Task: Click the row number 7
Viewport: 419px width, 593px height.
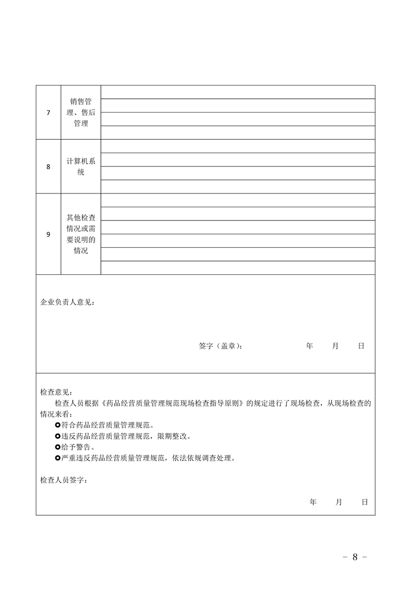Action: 49,112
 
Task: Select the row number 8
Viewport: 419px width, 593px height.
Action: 49,166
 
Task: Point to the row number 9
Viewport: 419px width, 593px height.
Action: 49,234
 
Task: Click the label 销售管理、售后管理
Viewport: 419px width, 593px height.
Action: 81,112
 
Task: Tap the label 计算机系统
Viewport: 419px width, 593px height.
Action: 81,166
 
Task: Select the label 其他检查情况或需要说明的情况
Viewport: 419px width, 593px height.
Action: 81,234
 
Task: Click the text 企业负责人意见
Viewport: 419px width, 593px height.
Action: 67,303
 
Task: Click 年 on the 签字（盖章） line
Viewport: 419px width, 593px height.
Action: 310,346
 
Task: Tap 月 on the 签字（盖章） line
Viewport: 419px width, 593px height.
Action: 336,346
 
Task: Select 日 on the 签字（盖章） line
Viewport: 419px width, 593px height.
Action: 361,346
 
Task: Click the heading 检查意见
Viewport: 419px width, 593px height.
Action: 57,392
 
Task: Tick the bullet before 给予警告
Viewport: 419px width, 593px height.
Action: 58,447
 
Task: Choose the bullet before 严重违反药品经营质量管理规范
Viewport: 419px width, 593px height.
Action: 58,458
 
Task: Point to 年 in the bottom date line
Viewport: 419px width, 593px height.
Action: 313,502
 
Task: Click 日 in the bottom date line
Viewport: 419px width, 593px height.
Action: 365,502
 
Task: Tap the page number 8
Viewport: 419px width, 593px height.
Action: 355,557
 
